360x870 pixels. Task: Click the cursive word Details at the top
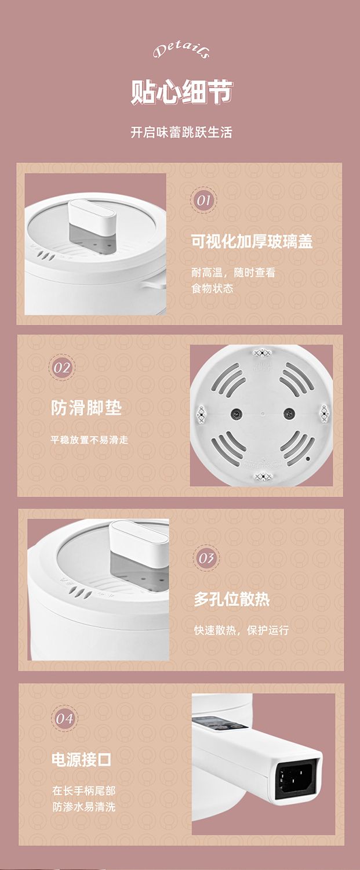[181, 51]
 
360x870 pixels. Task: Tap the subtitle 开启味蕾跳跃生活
[181, 132]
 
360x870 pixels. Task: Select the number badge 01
[203, 201]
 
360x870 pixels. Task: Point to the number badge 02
[62, 367]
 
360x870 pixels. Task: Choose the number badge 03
[206, 558]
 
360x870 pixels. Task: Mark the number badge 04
[64, 719]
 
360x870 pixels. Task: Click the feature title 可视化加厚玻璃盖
[252, 241]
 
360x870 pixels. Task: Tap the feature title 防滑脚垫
[86, 408]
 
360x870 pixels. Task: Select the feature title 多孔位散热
[232, 599]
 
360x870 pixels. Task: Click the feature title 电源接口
[82, 759]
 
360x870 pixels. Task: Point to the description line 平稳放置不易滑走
[89, 440]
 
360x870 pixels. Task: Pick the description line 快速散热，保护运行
[242, 630]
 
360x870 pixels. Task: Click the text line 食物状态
[212, 288]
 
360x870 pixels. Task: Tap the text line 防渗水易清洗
[84, 807]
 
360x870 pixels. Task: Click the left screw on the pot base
[235, 414]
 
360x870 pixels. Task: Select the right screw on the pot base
[289, 413]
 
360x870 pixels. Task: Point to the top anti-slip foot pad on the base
[263, 353]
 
